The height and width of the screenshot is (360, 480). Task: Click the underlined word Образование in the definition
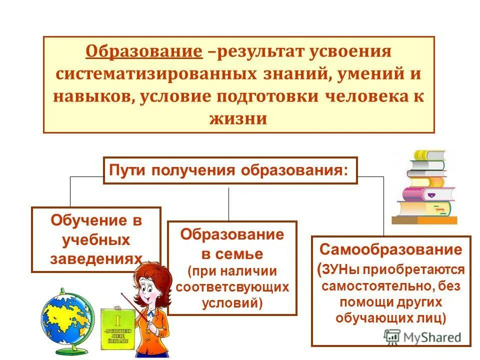[x=143, y=51]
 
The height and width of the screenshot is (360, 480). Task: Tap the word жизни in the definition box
[x=239, y=118]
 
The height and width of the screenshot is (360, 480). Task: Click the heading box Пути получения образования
[x=230, y=170]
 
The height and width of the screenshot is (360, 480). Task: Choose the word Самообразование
[x=391, y=249]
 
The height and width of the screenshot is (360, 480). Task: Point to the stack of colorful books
[x=425, y=187]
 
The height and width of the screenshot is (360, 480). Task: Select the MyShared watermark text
[x=431, y=337]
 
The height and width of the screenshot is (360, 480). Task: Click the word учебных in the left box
[x=96, y=239]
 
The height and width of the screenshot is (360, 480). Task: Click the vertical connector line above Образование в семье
[x=228, y=203]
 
